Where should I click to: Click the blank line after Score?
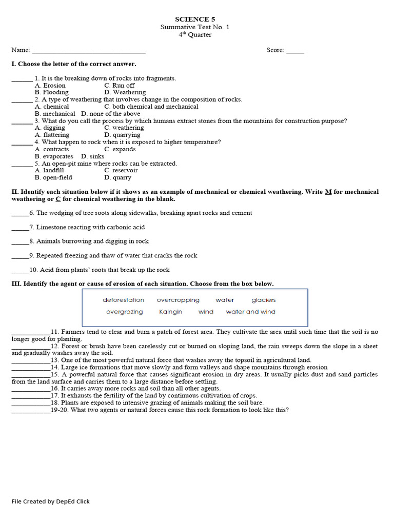(x=295, y=52)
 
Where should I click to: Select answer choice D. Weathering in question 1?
(x=125, y=92)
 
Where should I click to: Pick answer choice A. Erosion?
(x=50, y=86)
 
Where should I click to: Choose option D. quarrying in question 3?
(x=122, y=135)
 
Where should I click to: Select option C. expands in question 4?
(x=120, y=149)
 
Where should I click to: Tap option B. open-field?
(x=53, y=177)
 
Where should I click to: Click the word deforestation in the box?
(x=123, y=300)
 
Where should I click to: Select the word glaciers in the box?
(x=264, y=300)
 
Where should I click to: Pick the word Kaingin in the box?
(x=170, y=312)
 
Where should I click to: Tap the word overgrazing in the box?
(x=125, y=312)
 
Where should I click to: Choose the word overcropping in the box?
(x=178, y=300)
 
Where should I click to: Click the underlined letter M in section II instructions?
(x=328, y=192)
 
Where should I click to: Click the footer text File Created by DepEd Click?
(x=51, y=501)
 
